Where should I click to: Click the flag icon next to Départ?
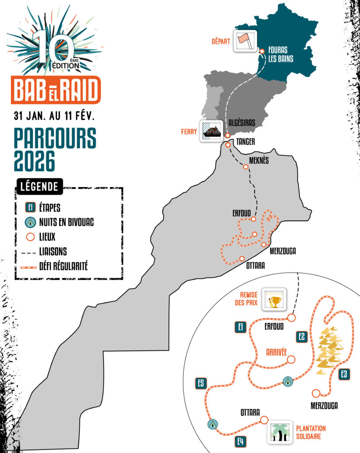[245, 41]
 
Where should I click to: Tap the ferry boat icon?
[211, 131]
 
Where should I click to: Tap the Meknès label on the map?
[259, 160]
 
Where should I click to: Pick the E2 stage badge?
[301, 336]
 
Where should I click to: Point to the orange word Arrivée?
[277, 352]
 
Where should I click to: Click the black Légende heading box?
[39, 187]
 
